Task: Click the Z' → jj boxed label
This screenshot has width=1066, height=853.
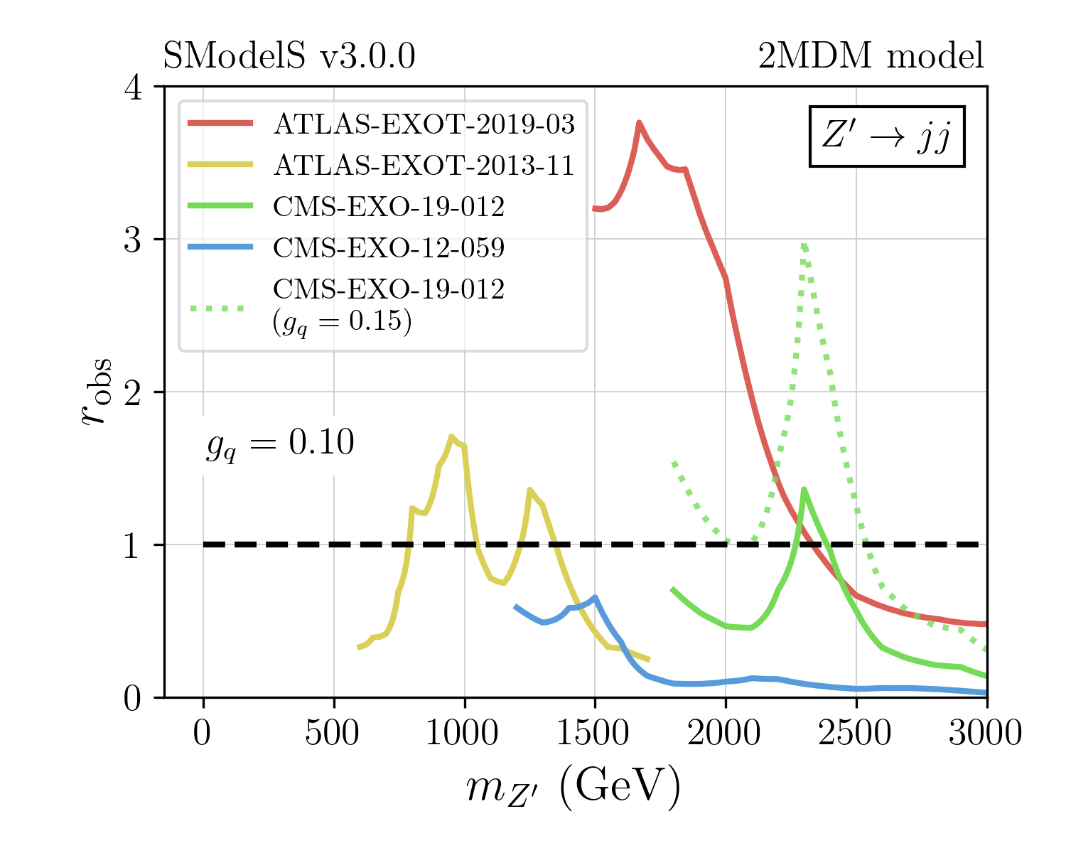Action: (887, 136)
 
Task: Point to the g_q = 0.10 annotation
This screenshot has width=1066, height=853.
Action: (280, 445)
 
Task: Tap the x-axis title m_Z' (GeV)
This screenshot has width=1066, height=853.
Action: (573, 788)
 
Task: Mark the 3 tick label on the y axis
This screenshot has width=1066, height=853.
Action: (134, 240)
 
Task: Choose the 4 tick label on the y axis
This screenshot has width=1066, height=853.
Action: (134, 87)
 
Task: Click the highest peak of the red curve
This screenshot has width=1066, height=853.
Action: (639, 123)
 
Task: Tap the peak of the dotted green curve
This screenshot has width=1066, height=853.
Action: (803, 245)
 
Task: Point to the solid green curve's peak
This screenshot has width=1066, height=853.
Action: (804, 489)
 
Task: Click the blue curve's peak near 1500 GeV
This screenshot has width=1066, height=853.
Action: (595, 597)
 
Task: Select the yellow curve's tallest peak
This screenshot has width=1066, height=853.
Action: (451, 436)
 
